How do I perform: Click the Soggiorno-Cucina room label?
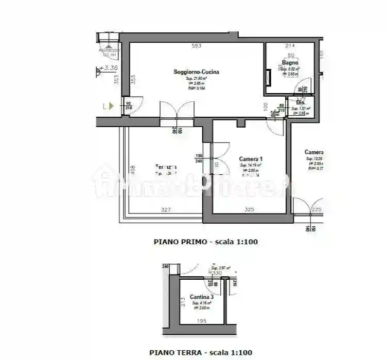click(x=196, y=73)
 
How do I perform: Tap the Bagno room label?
click(x=290, y=63)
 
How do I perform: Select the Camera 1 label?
click(x=251, y=159)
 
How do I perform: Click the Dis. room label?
click(x=300, y=102)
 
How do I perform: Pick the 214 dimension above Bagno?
click(x=290, y=46)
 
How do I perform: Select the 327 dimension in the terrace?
click(x=166, y=209)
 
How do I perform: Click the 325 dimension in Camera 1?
click(x=250, y=209)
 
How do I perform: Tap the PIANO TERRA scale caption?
click(x=201, y=352)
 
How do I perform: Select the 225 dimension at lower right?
click(x=316, y=209)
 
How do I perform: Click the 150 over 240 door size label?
click(x=198, y=158)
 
